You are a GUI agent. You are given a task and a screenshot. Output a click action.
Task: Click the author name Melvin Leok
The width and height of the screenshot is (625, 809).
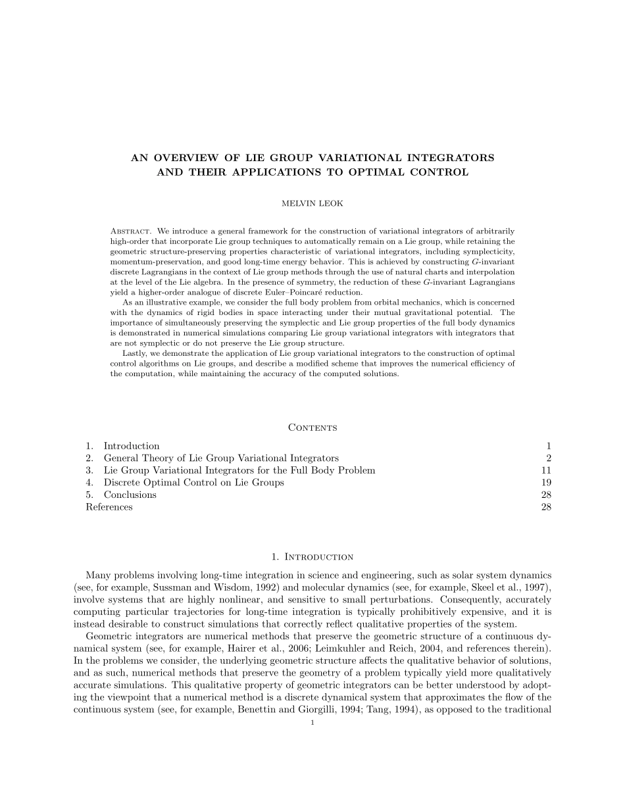312,203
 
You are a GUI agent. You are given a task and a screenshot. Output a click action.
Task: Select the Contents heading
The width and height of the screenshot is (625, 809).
312,428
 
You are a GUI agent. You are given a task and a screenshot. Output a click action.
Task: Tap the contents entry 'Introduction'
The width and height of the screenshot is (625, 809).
132,446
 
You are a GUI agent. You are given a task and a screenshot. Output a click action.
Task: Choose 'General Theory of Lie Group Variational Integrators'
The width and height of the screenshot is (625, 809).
221,458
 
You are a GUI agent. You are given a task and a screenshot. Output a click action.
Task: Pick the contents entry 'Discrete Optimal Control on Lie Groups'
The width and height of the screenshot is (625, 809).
193,483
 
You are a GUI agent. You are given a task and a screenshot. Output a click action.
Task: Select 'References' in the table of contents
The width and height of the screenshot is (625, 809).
109,507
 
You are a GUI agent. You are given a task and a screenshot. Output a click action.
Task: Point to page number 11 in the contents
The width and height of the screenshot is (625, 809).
546,470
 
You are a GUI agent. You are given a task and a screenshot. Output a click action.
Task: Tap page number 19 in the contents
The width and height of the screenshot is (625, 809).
546,483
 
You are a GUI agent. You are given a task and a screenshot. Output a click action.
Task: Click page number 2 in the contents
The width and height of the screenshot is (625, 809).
548,458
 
